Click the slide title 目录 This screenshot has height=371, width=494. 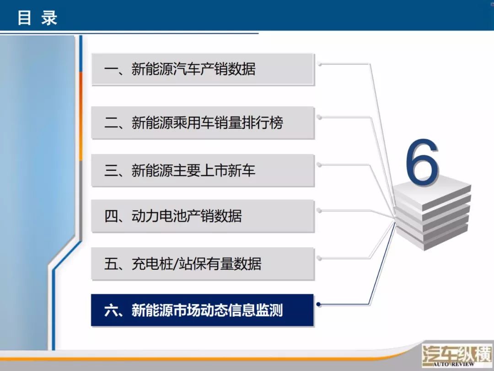tap(37, 18)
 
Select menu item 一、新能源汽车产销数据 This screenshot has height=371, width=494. tap(203, 70)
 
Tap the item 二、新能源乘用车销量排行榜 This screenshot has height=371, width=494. tap(203, 123)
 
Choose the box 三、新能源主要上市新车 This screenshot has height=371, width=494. tap(203, 170)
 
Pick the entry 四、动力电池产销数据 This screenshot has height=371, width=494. tap(203, 216)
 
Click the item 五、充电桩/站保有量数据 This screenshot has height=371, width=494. tap(203, 264)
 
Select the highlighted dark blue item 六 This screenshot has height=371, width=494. tap(202, 310)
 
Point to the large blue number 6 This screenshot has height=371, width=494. tap(422, 161)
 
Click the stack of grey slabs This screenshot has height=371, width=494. tap(433, 213)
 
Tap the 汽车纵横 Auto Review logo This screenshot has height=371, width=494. tap(457, 356)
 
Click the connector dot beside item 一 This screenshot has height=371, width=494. tap(319, 64)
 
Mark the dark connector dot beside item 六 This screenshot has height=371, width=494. tap(318, 304)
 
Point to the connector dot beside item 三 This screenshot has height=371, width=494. tap(319, 165)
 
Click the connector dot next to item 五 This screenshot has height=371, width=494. tap(319, 258)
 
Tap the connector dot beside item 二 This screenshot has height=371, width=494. tap(319, 117)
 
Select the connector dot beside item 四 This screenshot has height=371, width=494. tap(319, 210)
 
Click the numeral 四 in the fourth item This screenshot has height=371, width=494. tap(111, 216)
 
